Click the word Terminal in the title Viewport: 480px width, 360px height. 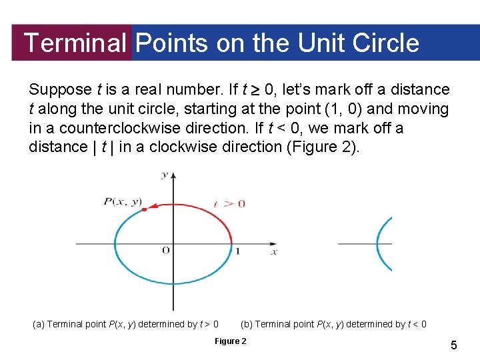pos(75,43)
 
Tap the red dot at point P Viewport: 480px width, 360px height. pos(143,209)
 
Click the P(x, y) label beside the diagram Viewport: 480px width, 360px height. pos(123,201)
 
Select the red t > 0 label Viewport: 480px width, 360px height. pos(229,203)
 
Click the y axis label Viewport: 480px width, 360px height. pos(165,175)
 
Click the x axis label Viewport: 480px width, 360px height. pos(274,252)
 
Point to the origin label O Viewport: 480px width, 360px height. pos(165,251)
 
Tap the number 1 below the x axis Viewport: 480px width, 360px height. pos(238,252)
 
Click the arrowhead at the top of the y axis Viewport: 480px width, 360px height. pos(173,175)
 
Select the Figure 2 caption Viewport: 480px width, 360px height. pos(230,341)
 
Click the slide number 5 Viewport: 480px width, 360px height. pos(454,345)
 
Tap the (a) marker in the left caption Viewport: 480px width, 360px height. pos(39,325)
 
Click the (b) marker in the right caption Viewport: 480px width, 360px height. pos(246,325)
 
